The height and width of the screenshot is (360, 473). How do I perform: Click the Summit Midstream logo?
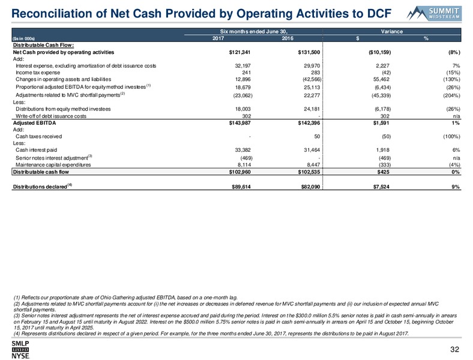click(x=434, y=13)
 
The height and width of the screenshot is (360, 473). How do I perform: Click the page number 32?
click(x=454, y=349)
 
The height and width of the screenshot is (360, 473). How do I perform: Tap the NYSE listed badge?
click(x=20, y=350)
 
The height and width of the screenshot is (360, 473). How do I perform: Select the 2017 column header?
click(x=218, y=38)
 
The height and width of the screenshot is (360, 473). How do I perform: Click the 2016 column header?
click(x=288, y=38)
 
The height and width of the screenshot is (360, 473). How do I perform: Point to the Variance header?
click(x=391, y=31)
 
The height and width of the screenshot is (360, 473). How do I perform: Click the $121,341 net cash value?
click(x=240, y=52)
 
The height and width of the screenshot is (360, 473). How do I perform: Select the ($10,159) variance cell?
click(x=380, y=52)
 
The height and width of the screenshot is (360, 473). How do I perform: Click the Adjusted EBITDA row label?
click(x=34, y=123)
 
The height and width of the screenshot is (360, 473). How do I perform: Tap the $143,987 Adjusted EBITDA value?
click(x=240, y=123)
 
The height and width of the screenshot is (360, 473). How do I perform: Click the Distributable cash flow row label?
click(x=41, y=172)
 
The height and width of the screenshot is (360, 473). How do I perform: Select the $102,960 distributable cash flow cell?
click(x=240, y=172)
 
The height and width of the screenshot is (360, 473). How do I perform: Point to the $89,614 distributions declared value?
click(x=241, y=187)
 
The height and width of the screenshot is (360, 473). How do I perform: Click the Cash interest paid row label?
click(x=36, y=150)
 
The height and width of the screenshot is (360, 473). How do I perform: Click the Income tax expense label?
click(x=38, y=73)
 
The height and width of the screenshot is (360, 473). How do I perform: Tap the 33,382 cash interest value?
click(x=243, y=150)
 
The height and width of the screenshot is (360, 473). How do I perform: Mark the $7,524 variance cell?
click(x=381, y=187)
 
